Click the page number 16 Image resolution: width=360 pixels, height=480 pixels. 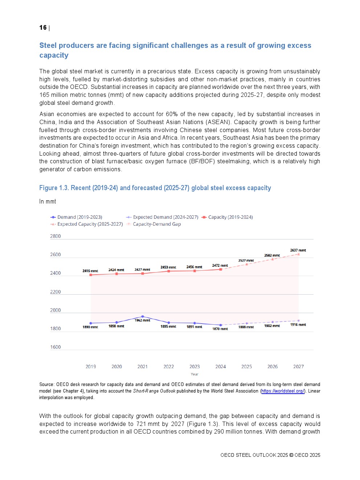[43, 28]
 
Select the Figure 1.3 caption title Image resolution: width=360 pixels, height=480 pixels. [155, 188]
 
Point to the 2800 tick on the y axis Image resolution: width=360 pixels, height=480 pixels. [56, 236]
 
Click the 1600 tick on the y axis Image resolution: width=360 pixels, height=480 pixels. [56, 347]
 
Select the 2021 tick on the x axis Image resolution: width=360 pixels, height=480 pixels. [143, 367]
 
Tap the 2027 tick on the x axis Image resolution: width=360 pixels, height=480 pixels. [299, 367]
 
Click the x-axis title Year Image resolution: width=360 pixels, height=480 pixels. [195, 374]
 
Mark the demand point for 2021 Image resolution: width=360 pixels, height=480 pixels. [143, 317]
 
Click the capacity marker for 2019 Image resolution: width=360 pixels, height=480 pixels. [91, 275]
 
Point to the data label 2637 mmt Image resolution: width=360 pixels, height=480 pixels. [298, 250]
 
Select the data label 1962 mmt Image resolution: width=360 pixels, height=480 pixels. [142, 320]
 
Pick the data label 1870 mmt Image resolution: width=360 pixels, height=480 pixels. [220, 329]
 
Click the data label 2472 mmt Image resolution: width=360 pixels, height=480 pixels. [220, 266]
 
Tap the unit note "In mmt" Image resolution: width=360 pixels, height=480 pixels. [48, 202]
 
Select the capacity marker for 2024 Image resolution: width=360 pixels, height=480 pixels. [221, 270]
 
